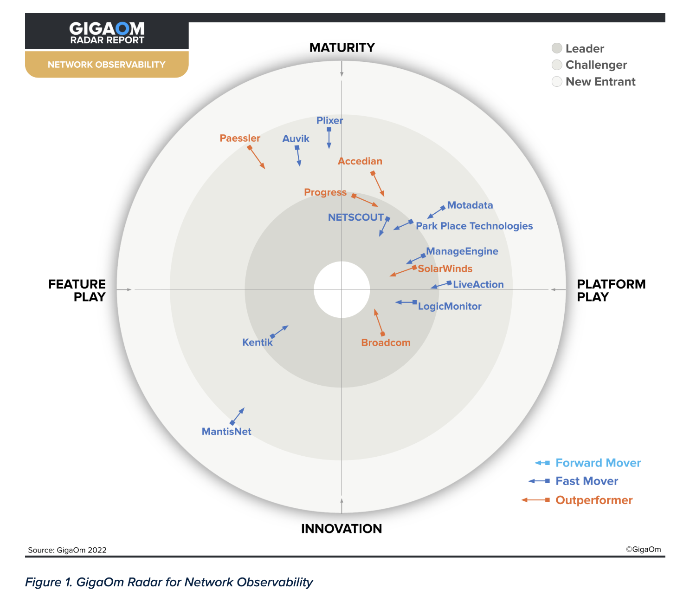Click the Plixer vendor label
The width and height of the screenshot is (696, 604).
(x=329, y=121)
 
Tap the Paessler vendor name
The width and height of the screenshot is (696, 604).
(x=240, y=138)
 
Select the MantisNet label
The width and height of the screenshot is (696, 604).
(x=226, y=432)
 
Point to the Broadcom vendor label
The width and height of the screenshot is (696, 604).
(x=386, y=343)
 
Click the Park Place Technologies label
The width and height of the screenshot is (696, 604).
(x=474, y=226)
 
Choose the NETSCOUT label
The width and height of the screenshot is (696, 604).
(x=356, y=217)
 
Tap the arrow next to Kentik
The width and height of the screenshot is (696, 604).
(x=279, y=331)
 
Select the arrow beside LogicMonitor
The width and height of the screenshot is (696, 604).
(x=406, y=302)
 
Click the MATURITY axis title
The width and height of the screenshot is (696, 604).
(x=342, y=48)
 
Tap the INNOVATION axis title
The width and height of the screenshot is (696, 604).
(x=342, y=529)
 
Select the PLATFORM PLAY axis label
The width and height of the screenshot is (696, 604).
(x=611, y=290)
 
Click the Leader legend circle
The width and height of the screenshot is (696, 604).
(x=557, y=48)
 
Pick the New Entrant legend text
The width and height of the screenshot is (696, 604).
(x=600, y=82)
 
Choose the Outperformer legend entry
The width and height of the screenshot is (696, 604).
(x=594, y=500)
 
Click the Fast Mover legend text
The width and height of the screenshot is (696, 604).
(x=586, y=481)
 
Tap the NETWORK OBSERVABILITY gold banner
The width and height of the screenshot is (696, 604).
(x=107, y=65)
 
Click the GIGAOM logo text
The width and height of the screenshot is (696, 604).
(x=107, y=29)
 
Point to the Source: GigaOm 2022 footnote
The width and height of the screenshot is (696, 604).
(x=67, y=550)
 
